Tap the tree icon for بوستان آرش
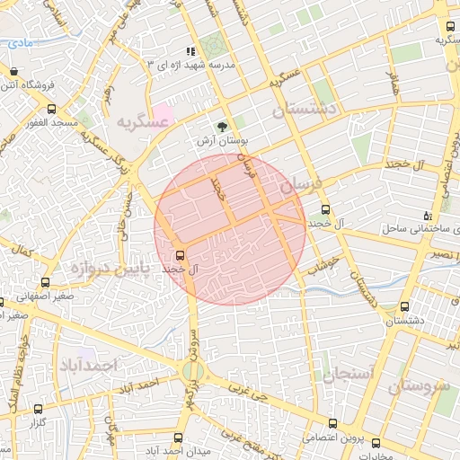[223, 127]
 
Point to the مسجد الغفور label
[55, 121]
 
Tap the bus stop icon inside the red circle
[181, 254]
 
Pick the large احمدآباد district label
[90, 365]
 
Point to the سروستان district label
[419, 386]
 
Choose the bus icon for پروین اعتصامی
[333, 424]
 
